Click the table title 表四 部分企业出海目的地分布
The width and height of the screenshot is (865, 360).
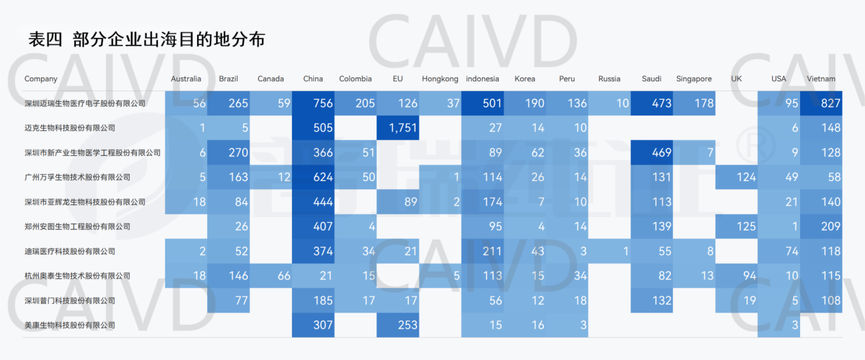point(147,39)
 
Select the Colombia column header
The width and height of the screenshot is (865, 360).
point(355,79)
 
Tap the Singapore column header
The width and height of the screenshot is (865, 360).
point(693,79)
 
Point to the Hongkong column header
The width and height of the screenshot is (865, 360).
point(440,79)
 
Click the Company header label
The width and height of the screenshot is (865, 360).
point(41,79)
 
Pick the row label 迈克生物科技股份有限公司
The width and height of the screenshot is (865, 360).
point(70,128)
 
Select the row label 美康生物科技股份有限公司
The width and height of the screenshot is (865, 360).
point(70,325)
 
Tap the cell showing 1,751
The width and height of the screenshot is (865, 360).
point(398,128)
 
